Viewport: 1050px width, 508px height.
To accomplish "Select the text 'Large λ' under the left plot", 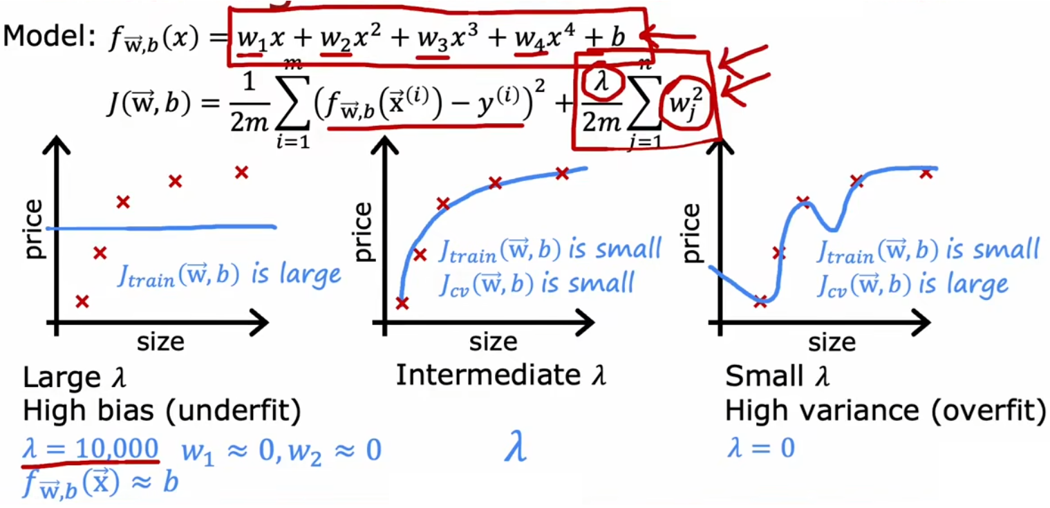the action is [x=75, y=378].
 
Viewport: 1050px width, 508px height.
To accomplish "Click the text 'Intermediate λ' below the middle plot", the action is [x=500, y=375].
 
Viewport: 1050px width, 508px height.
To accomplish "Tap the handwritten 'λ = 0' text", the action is [x=760, y=449].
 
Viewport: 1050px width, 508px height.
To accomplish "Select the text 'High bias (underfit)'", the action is [x=162, y=412].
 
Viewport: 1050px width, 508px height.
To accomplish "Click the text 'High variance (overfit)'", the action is [x=885, y=412].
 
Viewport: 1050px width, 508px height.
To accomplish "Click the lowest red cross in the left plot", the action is [x=82, y=301].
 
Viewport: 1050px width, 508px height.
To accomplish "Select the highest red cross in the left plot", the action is [x=241, y=172].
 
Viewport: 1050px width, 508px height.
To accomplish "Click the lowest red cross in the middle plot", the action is [x=402, y=303].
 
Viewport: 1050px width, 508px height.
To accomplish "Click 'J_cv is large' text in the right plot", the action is [x=912, y=283].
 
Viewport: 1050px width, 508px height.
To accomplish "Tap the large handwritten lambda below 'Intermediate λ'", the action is [x=515, y=447].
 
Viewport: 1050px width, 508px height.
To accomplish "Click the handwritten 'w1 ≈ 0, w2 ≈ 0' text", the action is [x=281, y=451].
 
